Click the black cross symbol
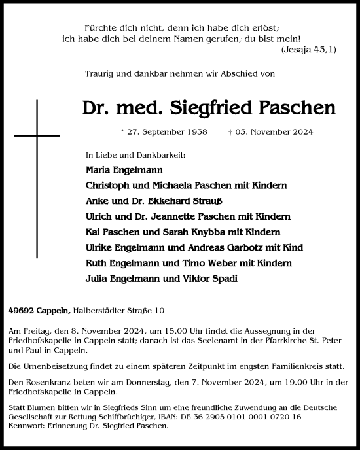click(37, 135)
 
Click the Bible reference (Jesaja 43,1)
click(310, 49)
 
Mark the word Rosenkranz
click(58, 382)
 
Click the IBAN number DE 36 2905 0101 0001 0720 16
click(250, 416)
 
